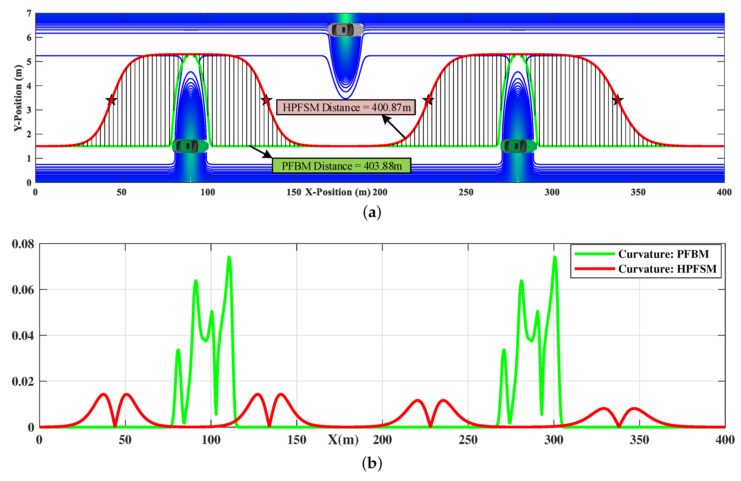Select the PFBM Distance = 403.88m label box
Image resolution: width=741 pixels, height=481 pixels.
point(342,166)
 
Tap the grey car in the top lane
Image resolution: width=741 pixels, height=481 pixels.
point(346,30)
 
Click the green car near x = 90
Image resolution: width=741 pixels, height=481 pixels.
point(190,146)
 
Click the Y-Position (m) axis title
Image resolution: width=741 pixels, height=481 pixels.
point(18,98)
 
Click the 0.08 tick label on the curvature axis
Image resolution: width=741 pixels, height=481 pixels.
point(23,244)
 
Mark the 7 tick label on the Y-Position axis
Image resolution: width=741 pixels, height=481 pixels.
point(29,14)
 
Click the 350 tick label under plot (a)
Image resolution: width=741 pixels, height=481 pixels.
point(638,192)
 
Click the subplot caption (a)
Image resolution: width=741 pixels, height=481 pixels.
point(372,213)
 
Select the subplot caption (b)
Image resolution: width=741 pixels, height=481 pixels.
point(372,463)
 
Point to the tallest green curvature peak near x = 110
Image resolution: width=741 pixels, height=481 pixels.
point(229,257)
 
